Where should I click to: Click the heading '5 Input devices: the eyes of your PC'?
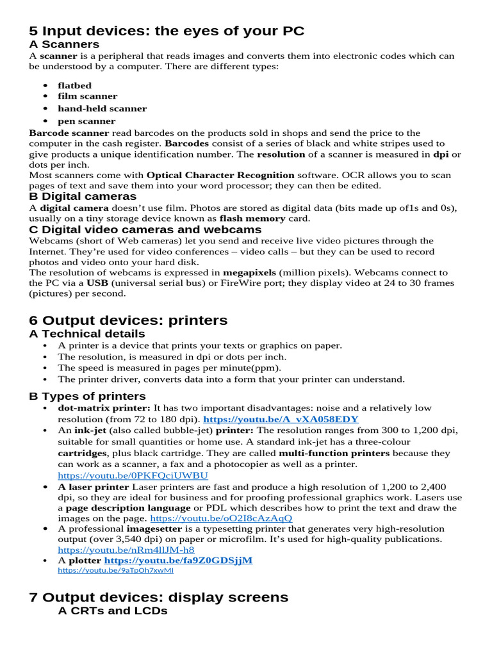click(167, 31)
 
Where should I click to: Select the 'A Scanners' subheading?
click(64, 44)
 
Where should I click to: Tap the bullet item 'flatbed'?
click(74, 85)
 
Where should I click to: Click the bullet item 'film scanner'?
click(87, 96)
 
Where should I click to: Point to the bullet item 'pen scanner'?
click(86, 121)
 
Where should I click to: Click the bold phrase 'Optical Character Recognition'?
click(220, 175)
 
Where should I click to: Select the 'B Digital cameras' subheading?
click(83, 196)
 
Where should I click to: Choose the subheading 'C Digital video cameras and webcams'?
click(145, 229)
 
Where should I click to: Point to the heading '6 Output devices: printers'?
click(128, 320)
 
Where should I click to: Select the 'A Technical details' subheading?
click(87, 334)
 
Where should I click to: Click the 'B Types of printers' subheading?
click(87, 396)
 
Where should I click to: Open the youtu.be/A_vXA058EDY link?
click(281, 419)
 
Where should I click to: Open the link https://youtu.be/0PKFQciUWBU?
click(133, 476)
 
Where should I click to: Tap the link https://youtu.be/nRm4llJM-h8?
click(126, 550)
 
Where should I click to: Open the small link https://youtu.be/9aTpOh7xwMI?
click(115, 570)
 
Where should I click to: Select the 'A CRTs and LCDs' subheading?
click(113, 611)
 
